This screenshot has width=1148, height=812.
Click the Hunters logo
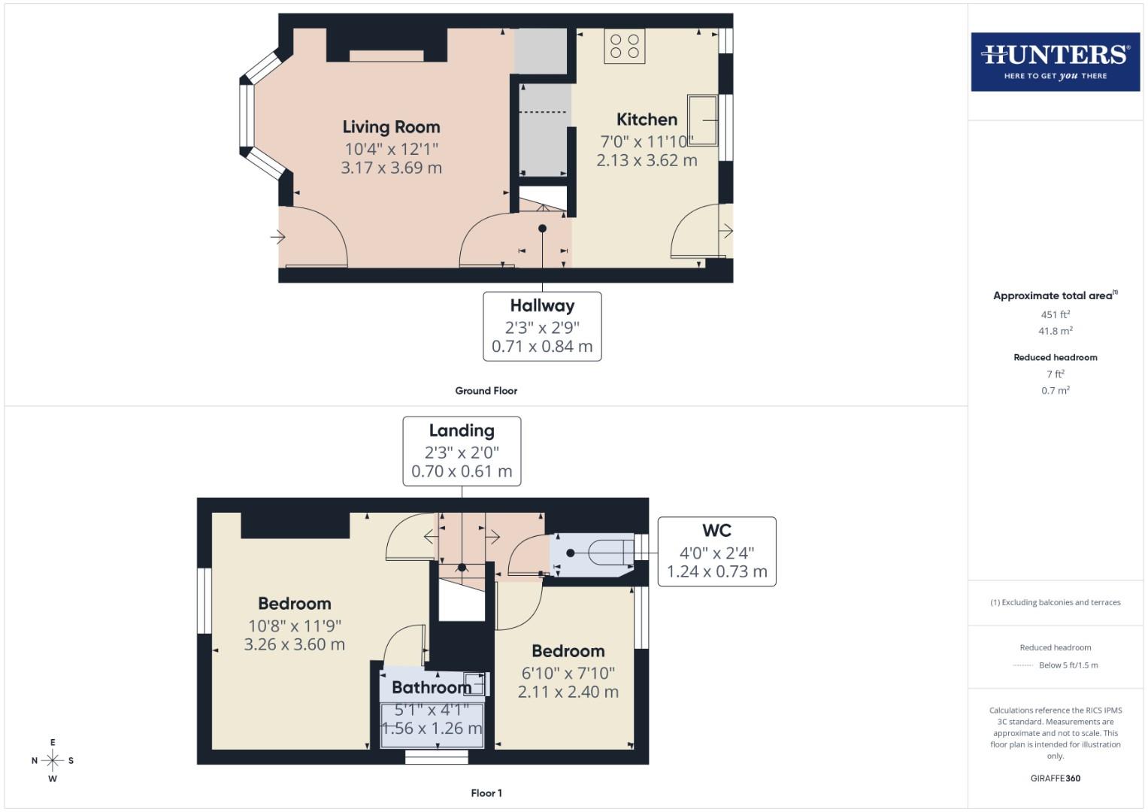pyautogui.click(x=1055, y=62)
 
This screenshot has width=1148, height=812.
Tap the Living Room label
pyautogui.click(x=391, y=127)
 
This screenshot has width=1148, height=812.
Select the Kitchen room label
pyautogui.click(x=647, y=120)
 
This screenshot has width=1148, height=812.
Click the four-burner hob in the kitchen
pyautogui.click(x=625, y=46)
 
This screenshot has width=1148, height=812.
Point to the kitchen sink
pyautogui.click(x=702, y=120)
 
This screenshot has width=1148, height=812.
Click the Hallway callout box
pyautogui.click(x=542, y=326)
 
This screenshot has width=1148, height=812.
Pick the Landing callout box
pyautogui.click(x=462, y=451)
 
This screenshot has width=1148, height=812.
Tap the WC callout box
pyautogui.click(x=716, y=551)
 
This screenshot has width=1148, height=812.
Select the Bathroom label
pyautogui.click(x=432, y=687)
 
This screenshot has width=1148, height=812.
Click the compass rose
pyautogui.click(x=53, y=760)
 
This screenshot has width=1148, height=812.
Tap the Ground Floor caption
pyautogui.click(x=486, y=391)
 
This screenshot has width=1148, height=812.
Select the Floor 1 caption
pyautogui.click(x=486, y=793)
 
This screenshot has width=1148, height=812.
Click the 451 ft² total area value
pyautogui.click(x=1055, y=314)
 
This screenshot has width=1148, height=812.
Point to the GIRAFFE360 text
pyautogui.click(x=1055, y=778)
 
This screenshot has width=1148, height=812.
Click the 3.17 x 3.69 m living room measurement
pyautogui.click(x=391, y=168)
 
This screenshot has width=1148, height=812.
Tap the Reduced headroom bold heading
pyautogui.click(x=1055, y=357)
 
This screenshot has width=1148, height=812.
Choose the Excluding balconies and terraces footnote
pyautogui.click(x=1055, y=602)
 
